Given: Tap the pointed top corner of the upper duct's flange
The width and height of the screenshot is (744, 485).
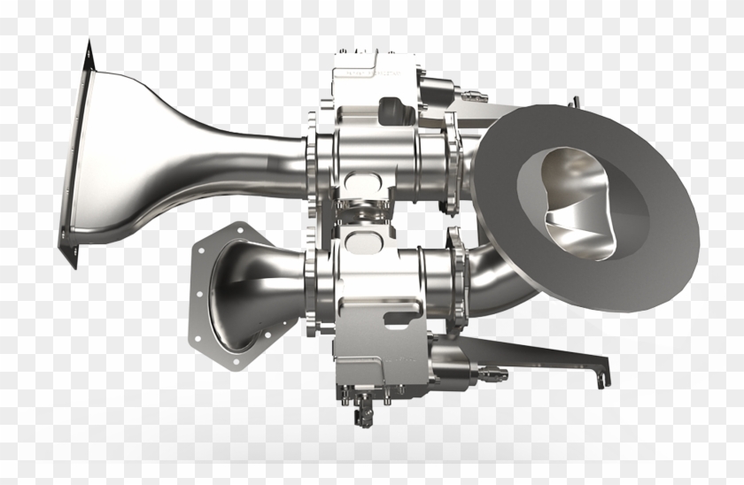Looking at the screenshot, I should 89,43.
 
